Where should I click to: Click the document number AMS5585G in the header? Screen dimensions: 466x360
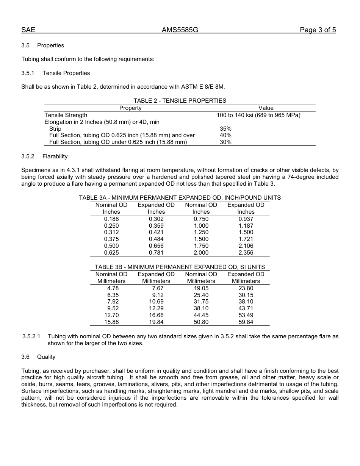pyautogui.click(x=180, y=30)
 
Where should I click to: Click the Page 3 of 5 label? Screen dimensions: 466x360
pyautogui.click(x=318, y=30)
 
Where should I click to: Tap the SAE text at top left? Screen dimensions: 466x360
pyautogui.click(x=28, y=30)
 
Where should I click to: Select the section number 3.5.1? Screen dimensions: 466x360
pyautogui.click(x=28, y=73)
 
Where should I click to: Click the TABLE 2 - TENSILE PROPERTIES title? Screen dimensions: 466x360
pyautogui.click(x=180, y=101)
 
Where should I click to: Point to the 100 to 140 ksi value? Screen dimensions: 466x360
pyautogui.click(x=258, y=115)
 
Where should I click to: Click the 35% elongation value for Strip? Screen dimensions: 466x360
pyautogui.click(x=225, y=129)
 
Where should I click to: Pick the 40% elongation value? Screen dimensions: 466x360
pyautogui.click(x=225, y=135)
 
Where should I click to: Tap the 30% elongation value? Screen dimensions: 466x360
pyautogui.click(x=225, y=142)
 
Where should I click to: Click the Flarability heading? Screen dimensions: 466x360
pyautogui.click(x=55, y=156)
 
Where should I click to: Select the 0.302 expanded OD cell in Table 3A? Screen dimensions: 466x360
pyautogui.click(x=156, y=219)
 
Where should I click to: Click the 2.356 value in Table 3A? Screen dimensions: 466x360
pyautogui.click(x=246, y=253)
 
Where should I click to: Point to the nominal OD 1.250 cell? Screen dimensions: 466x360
pyautogui.click(x=201, y=232)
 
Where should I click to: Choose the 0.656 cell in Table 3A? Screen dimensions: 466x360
pyautogui.click(x=156, y=246)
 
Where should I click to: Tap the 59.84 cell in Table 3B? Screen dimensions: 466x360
pyautogui.click(x=246, y=322)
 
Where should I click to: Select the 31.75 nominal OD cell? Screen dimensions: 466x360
pyautogui.click(x=201, y=302)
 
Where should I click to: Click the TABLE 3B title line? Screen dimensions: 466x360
pyautogui.click(x=180, y=267)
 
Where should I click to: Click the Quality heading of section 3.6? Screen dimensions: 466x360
pyautogui.click(x=46, y=357)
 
